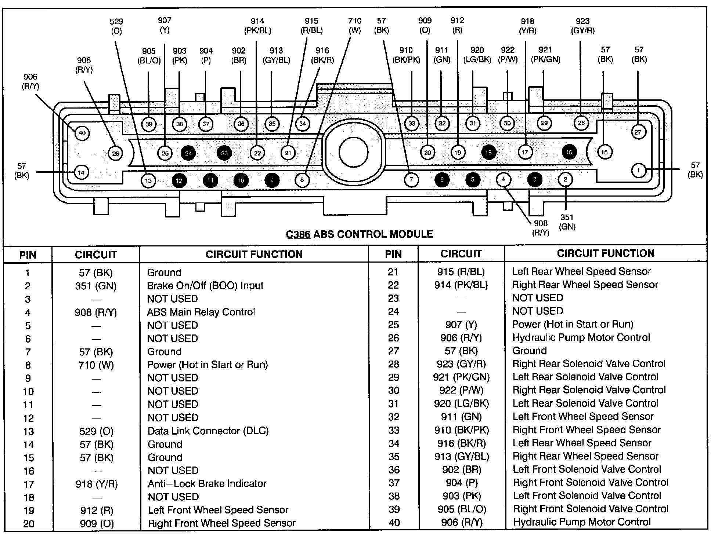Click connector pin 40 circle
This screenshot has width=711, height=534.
point(82,133)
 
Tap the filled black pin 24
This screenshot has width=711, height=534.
point(188,153)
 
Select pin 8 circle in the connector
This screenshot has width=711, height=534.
point(302,180)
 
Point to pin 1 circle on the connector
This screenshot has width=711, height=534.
point(639,170)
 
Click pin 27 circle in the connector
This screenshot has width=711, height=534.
point(638,132)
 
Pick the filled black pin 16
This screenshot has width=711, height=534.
point(569,152)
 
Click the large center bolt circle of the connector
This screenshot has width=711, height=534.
point(353,153)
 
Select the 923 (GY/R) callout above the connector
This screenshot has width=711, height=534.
point(582,26)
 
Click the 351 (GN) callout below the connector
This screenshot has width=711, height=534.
point(567,222)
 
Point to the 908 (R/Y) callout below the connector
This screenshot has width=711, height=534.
point(541,228)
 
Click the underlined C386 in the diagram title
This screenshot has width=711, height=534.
point(298,234)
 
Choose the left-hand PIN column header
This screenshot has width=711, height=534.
point(28,255)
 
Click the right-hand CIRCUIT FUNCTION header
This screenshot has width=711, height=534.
point(606,253)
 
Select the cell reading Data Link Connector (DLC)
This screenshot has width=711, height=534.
point(208,431)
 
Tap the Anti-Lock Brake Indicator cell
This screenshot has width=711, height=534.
point(207,483)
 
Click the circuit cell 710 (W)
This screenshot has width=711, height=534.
point(96,365)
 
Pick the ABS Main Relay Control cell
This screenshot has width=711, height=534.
point(201,312)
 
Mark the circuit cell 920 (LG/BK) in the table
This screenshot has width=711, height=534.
point(461,403)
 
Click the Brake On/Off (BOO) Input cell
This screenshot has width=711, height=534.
point(205,285)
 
